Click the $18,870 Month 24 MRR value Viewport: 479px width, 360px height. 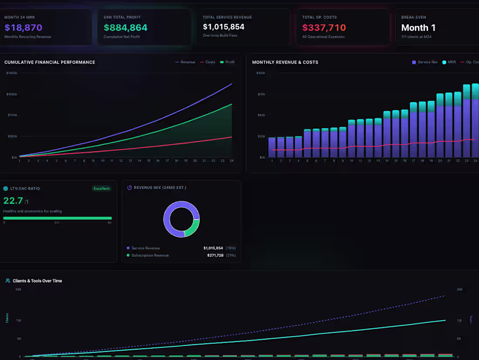click(x=23, y=28)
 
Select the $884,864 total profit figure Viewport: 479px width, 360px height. click(x=125, y=28)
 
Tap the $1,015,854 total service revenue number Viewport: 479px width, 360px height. click(x=223, y=27)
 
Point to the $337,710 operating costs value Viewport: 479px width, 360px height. click(x=324, y=28)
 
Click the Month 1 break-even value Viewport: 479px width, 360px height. click(x=418, y=28)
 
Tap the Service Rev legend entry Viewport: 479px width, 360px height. click(x=425, y=62)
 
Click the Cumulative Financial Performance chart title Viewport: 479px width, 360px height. click(x=50, y=62)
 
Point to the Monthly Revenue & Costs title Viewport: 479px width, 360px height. click(x=285, y=62)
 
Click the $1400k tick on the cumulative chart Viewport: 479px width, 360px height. click(x=11, y=73)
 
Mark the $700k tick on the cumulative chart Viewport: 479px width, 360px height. click(x=12, y=115)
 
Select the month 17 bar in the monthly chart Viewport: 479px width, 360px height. click(x=413, y=130)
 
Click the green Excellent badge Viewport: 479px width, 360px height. click(x=101, y=189)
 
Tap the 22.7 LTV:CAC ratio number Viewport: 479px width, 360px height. click(x=13, y=201)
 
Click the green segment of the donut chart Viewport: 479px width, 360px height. click(x=193, y=228)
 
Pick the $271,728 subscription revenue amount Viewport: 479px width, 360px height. click(x=215, y=255)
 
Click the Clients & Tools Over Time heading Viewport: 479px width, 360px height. click(x=37, y=281)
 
